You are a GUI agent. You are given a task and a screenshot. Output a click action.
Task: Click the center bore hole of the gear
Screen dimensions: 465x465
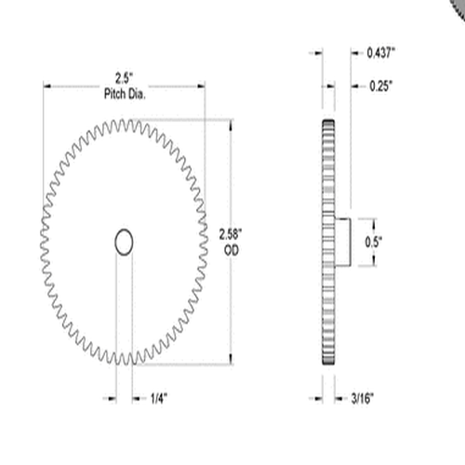coord(124,242)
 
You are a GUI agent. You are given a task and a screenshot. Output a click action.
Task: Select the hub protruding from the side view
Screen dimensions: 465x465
coord(342,242)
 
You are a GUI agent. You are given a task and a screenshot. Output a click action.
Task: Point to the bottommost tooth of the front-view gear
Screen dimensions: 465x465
coord(124,363)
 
